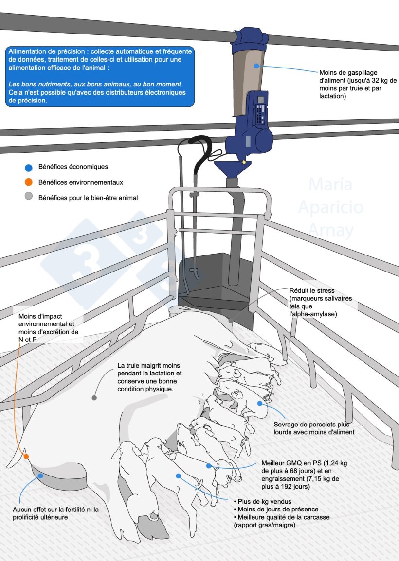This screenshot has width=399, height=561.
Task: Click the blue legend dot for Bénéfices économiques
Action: point(28,168)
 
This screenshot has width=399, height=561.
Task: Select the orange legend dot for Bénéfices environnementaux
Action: point(28,182)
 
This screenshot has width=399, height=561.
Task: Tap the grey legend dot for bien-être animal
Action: point(28,197)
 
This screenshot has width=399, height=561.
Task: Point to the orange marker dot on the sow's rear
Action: point(26,457)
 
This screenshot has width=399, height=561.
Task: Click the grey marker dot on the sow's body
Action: point(94,397)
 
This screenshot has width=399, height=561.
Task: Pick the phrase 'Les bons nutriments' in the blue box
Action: point(36,84)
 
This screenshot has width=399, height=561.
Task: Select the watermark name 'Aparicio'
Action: point(330,207)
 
